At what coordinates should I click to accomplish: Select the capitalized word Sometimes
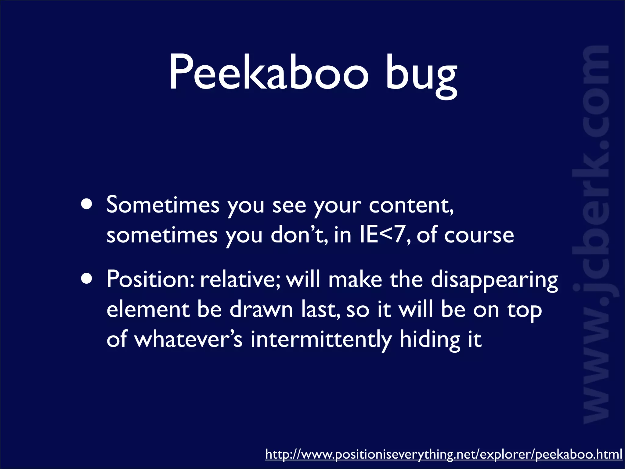[x=163, y=205]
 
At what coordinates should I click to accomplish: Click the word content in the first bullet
[x=411, y=205]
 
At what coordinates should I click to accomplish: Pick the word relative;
[x=240, y=279]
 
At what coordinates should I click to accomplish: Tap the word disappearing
[x=494, y=280]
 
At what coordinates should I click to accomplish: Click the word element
[x=148, y=310]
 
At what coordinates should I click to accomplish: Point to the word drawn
[x=261, y=310]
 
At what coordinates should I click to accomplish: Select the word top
[x=525, y=311]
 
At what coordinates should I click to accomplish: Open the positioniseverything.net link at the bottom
[x=443, y=454]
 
